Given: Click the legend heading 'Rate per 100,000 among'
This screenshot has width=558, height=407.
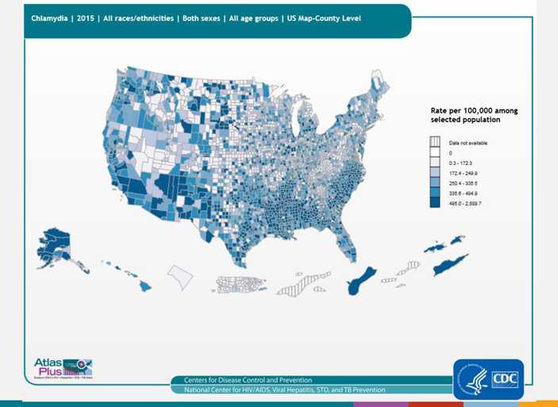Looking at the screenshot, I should point(468,111).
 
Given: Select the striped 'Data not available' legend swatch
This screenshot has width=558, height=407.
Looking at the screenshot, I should point(434,142).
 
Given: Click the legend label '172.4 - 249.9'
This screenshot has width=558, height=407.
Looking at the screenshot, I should point(465,172).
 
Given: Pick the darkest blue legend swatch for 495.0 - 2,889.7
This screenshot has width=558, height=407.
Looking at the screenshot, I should point(434,203).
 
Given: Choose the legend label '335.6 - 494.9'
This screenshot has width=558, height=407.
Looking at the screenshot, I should point(465,193).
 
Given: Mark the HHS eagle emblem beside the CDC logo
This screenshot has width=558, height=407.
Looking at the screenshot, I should point(471,378).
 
